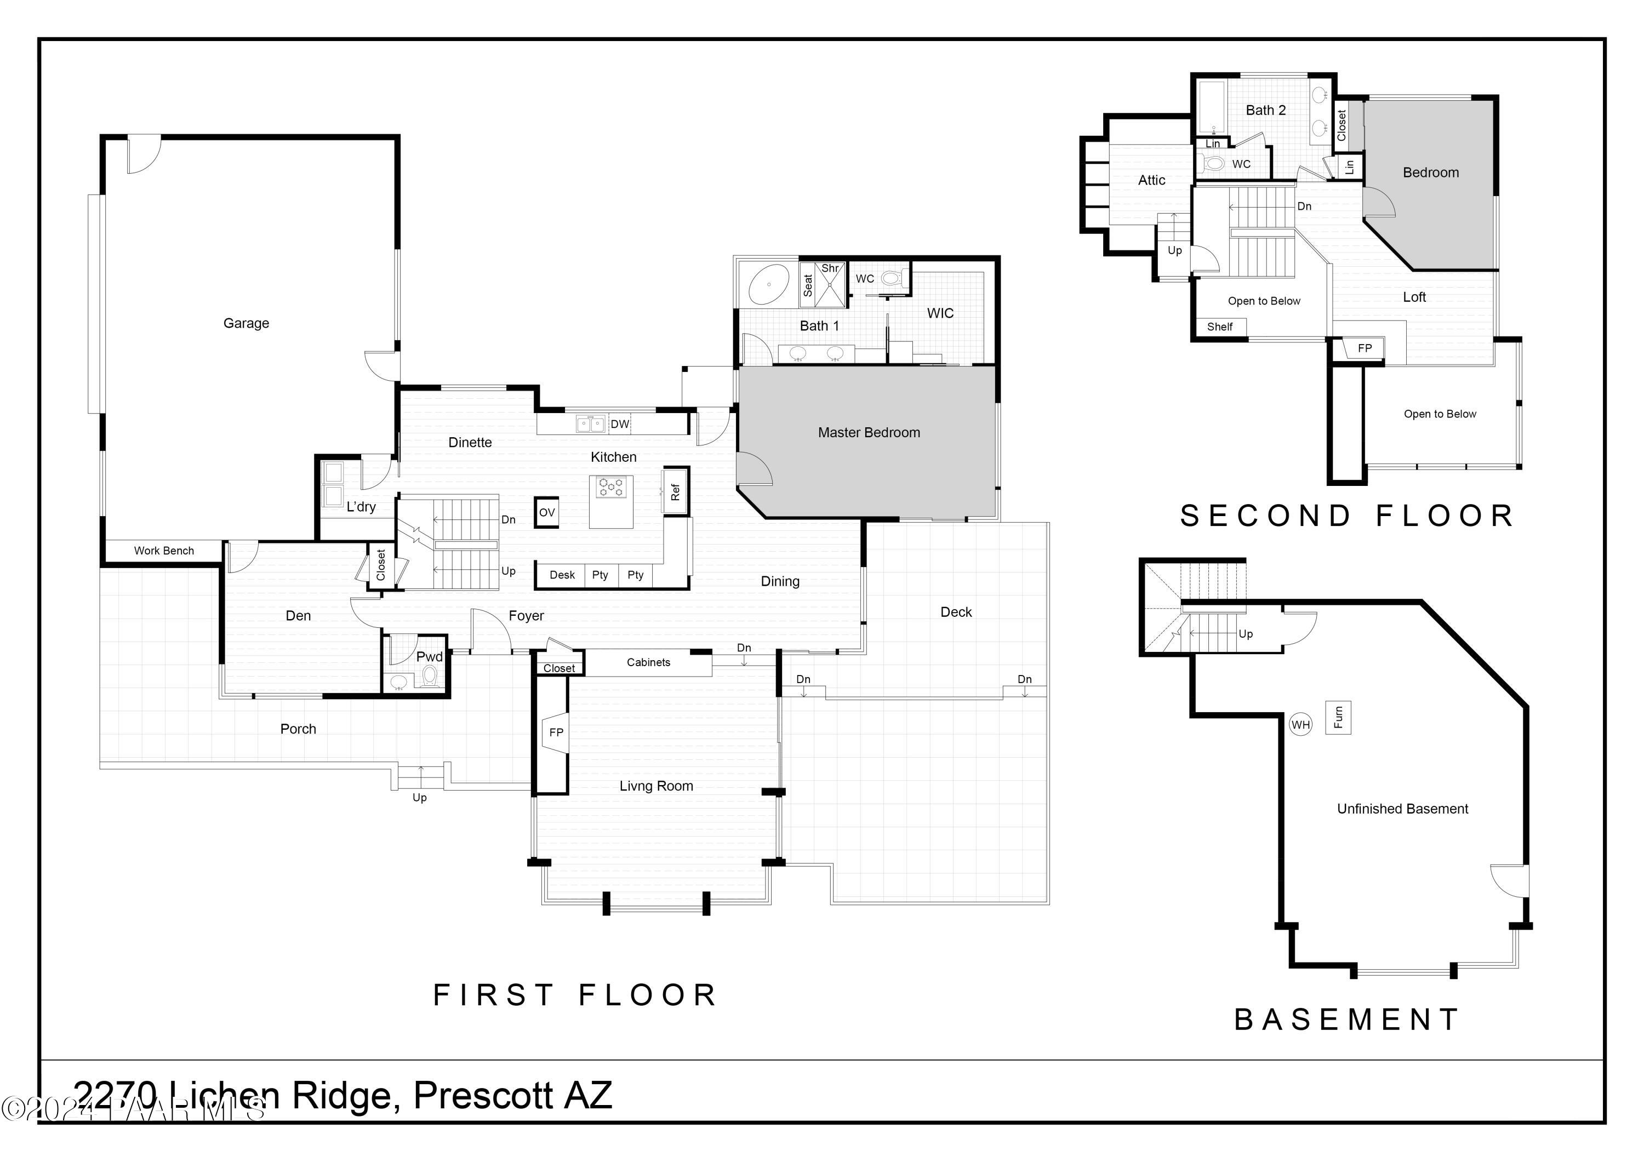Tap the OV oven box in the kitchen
(546, 513)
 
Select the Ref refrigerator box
(675, 492)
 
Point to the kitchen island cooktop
(611, 488)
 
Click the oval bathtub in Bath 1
(768, 285)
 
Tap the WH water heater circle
(1300, 725)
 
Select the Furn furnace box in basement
(1338, 717)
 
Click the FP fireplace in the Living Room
(556, 732)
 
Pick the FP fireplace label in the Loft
(1365, 348)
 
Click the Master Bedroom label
(869, 432)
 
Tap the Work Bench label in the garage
(164, 551)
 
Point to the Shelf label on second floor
(1219, 327)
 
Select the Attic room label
(1151, 180)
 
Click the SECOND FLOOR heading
(1347, 516)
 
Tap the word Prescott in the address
(483, 1095)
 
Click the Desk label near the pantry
(562, 575)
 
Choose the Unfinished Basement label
(1402, 809)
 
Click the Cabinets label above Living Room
(648, 662)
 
